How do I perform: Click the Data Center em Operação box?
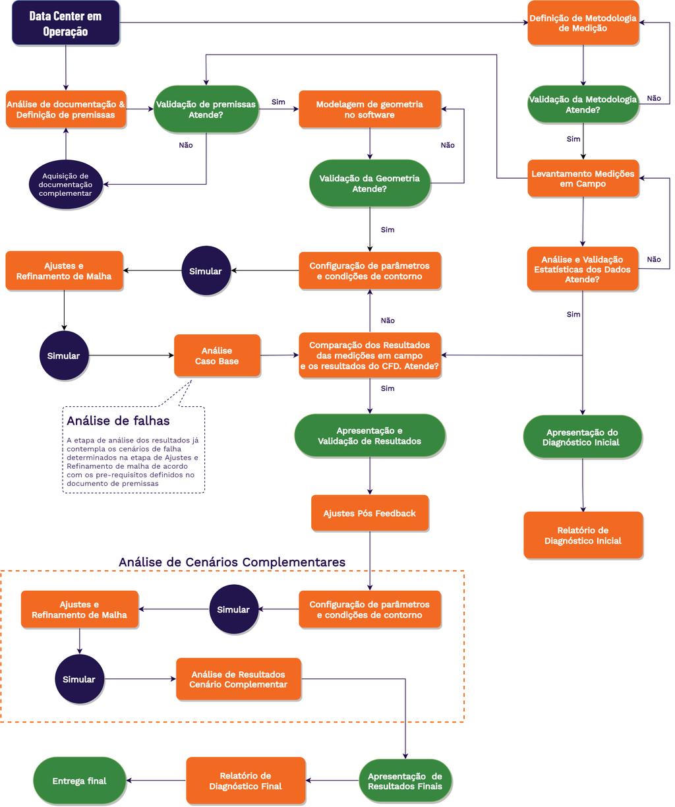coord(66,23)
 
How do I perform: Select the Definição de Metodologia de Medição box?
coord(583,23)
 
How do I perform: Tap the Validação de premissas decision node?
coord(206,109)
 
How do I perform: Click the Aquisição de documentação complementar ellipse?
coord(66,185)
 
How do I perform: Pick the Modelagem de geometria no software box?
coord(370,109)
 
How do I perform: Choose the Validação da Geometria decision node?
coord(370,183)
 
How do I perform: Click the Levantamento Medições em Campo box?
coord(583,178)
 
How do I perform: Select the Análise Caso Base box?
coord(217,355)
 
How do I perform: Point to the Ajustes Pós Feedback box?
coord(370,513)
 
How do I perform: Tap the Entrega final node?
coord(80,781)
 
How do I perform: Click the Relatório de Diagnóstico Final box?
coord(246,781)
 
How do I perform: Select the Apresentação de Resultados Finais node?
coord(405,781)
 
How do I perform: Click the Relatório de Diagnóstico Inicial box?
coord(583,535)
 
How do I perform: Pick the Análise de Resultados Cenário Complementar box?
coord(239,679)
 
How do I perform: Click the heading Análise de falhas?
coord(118,421)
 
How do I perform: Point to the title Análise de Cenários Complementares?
coord(232,562)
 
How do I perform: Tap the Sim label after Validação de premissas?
coord(278,102)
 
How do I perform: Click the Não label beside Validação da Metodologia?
coord(654,98)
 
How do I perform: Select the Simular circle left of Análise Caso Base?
coord(64,355)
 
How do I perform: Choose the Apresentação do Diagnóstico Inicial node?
coord(583,436)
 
